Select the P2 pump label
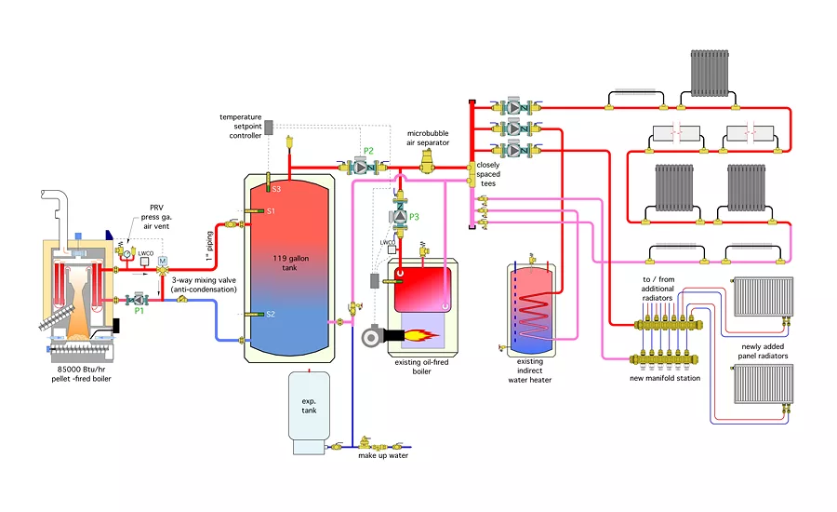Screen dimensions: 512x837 point(368,151)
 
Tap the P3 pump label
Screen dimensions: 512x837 point(414,217)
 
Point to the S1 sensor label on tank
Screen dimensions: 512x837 point(272,211)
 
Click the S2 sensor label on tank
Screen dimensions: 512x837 point(271,314)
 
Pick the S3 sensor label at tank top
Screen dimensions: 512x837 point(275,189)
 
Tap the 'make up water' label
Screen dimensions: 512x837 point(383,455)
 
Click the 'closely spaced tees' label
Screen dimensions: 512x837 point(489,174)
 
